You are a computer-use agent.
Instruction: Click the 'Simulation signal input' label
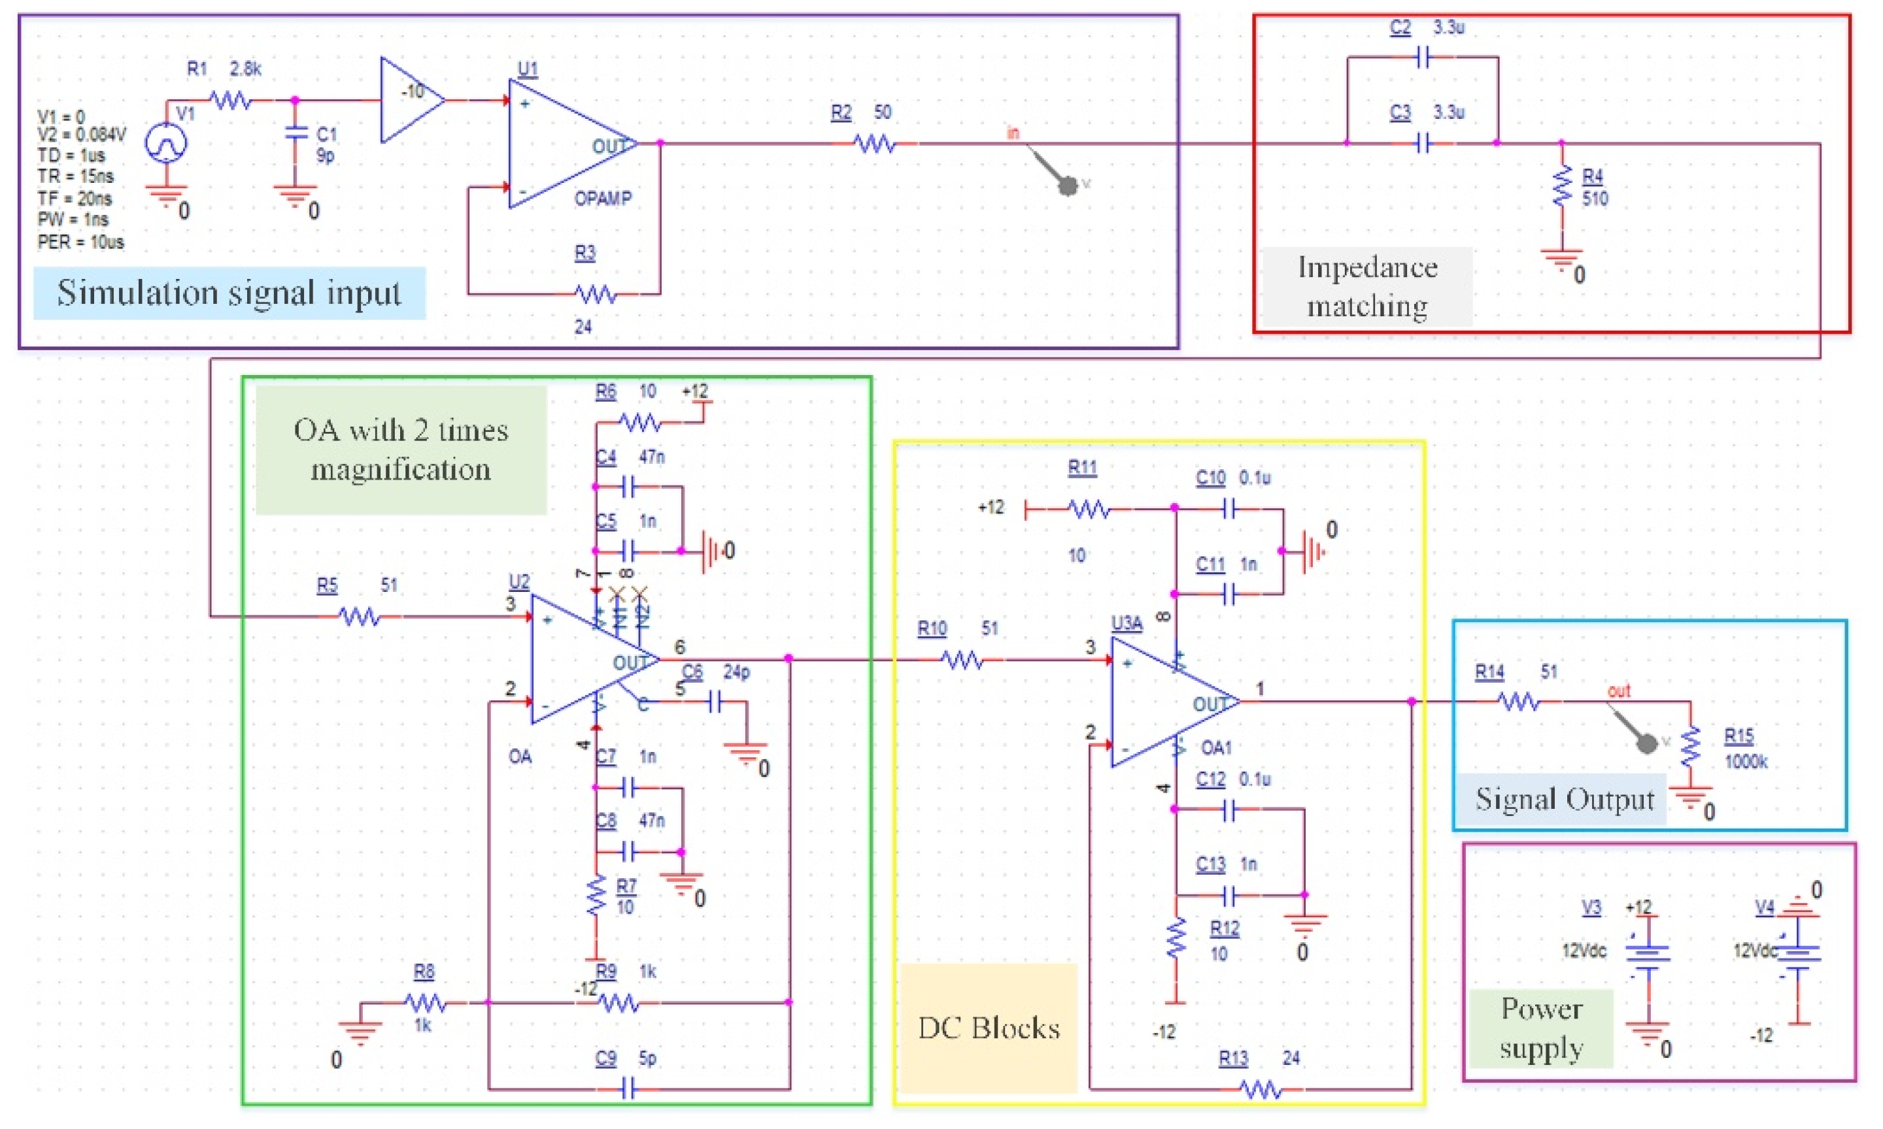(228, 293)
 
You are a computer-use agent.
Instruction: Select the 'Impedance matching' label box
(1367, 287)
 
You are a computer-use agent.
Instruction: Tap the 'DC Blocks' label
(988, 1028)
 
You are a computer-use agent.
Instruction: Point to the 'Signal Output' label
(1564, 799)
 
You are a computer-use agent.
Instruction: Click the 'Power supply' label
(1541, 1028)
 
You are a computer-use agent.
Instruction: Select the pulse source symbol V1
(166, 142)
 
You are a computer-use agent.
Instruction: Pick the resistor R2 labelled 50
(875, 143)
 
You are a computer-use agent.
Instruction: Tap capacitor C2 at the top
(1423, 57)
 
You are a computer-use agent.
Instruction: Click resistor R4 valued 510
(1562, 186)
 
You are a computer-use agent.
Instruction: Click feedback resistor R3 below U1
(595, 293)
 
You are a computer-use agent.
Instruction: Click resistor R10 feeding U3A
(963, 660)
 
